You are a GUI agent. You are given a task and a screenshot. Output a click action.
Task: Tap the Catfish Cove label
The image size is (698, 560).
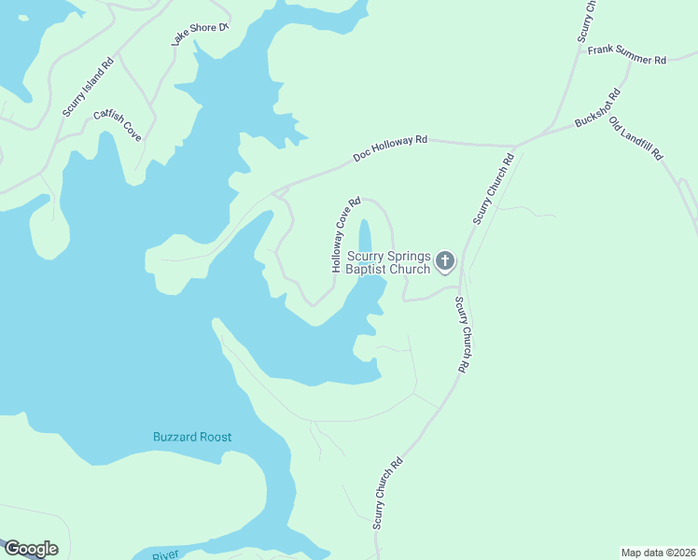point(118,126)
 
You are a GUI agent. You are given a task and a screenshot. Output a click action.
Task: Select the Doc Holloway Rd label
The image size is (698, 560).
point(390,149)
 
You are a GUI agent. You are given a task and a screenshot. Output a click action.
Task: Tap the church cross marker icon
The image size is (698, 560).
point(445,260)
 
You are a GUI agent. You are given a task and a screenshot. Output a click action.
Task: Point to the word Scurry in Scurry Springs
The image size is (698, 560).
point(366,257)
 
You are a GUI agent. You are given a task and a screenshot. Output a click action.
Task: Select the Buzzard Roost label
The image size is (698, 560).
point(192,437)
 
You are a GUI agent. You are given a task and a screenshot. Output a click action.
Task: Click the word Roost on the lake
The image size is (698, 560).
point(215,437)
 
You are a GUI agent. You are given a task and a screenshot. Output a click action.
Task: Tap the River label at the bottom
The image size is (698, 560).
point(166,555)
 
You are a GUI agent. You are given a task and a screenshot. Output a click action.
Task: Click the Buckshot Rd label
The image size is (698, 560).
point(598,108)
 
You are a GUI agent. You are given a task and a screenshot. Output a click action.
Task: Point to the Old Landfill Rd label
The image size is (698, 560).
point(635,138)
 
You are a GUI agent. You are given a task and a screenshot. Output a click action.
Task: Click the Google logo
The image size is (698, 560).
point(31,549)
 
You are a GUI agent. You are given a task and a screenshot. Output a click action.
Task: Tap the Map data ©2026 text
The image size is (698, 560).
point(658,553)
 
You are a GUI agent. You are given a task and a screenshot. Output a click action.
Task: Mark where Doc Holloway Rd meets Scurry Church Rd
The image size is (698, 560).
point(515,147)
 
